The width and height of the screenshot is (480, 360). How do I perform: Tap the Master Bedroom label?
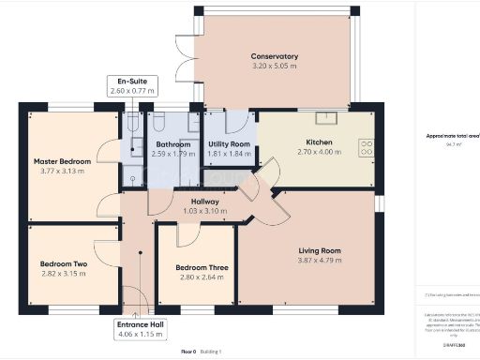(x=62, y=161)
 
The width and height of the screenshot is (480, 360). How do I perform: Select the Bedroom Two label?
(x=64, y=264)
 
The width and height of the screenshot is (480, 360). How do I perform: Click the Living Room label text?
(x=320, y=251)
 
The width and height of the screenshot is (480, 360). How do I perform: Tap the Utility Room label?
(x=229, y=143)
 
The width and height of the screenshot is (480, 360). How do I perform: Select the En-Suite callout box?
(x=131, y=87)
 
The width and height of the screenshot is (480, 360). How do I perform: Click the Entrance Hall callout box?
(x=137, y=329)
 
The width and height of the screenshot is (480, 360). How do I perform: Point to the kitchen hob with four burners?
(x=366, y=147)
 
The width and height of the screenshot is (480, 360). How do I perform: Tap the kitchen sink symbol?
(x=328, y=119)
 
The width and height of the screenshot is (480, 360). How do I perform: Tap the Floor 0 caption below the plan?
(x=188, y=351)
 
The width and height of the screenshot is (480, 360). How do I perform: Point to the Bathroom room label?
(x=173, y=143)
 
